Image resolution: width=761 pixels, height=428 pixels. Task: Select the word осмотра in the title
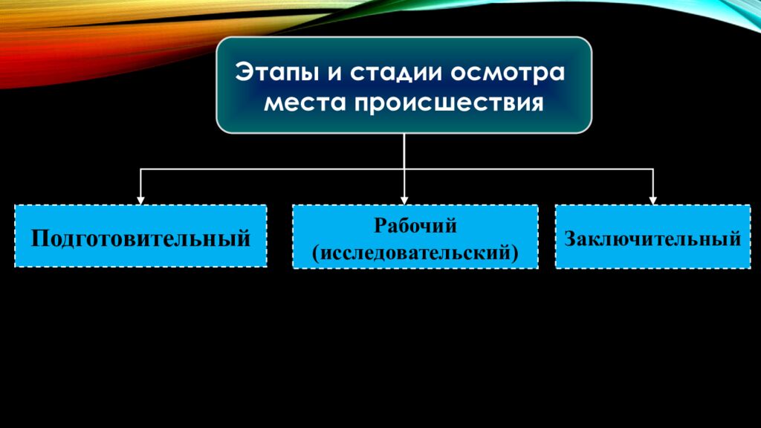[508, 73]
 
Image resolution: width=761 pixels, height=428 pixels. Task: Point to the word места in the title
[304, 103]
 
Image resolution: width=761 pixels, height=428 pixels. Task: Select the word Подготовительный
[140, 239]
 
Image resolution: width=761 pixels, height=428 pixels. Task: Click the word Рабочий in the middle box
[415, 226]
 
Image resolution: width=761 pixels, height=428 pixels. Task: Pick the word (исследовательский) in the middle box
[415, 253]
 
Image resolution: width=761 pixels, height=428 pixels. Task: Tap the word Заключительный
[652, 239]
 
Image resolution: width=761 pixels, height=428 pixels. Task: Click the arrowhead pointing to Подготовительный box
[140, 201]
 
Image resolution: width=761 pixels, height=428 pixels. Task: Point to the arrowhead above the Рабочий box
[404, 201]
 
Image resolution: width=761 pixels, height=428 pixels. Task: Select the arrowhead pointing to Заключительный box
[652, 201]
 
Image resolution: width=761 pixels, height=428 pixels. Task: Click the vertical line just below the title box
[404, 152]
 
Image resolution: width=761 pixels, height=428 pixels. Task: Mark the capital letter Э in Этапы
[245, 72]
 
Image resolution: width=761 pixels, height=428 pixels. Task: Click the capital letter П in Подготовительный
[41, 239]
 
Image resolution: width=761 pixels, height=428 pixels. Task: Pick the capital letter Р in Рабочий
[381, 226]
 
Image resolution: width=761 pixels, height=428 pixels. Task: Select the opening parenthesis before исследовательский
[316, 253]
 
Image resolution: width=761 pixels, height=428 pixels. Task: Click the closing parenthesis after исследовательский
[515, 253]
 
